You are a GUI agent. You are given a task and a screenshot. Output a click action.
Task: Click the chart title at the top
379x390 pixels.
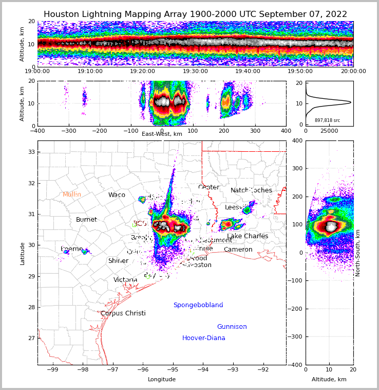point(195,14)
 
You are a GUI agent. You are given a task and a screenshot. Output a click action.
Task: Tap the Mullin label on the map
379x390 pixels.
point(72,194)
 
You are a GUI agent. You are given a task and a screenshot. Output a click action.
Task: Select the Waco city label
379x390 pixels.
point(117,195)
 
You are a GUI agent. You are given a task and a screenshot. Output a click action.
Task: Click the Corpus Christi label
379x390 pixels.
point(123,313)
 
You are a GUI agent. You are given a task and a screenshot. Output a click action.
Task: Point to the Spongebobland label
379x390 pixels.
point(198,305)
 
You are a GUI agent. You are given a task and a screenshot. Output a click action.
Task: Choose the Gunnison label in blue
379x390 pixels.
point(232,327)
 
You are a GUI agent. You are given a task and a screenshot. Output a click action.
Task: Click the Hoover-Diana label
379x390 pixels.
point(204,338)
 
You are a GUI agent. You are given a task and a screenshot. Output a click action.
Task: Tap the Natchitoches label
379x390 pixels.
point(251,190)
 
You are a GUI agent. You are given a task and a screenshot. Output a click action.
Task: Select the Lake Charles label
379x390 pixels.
point(248,236)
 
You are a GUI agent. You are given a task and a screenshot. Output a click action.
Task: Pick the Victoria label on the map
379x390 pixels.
point(125,280)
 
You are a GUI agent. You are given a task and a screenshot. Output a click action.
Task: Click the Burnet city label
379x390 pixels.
point(86,220)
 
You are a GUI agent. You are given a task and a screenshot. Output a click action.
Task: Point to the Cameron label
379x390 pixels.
point(238,250)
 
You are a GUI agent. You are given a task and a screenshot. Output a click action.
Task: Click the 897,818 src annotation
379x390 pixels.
point(327,120)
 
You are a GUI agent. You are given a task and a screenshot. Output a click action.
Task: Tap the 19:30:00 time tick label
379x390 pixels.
point(196,72)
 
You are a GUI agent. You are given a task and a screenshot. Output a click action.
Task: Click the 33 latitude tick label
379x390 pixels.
point(31,152)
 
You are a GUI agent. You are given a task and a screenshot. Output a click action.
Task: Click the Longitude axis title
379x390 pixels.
point(162,379)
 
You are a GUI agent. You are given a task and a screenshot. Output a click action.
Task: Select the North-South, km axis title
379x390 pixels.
point(358,253)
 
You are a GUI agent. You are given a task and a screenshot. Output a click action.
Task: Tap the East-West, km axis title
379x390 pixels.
point(162,134)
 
